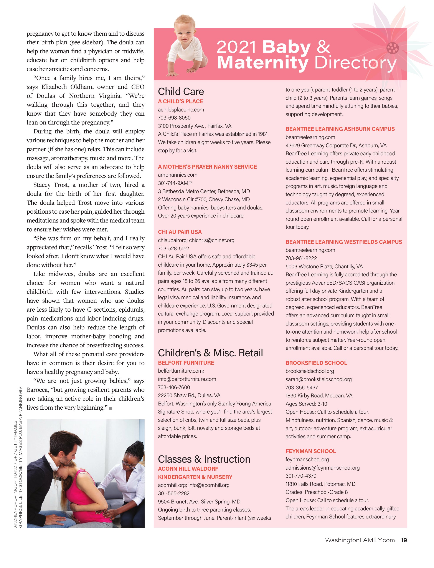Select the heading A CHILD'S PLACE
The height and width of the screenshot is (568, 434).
[180, 101]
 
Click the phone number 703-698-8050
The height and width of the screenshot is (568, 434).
[174, 118]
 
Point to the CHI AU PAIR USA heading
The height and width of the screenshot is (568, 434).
[180, 232]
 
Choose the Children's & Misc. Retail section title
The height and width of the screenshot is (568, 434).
[210, 353]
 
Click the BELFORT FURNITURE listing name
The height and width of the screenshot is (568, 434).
[186, 363]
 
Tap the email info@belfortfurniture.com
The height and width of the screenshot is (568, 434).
[187, 379]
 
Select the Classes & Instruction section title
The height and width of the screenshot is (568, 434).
[204, 459]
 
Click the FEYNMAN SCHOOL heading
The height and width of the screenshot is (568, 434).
[311, 451]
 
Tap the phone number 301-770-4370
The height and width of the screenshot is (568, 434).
[301, 476]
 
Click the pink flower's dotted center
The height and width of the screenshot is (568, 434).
[393, 48]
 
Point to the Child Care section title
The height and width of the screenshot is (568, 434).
[181, 91]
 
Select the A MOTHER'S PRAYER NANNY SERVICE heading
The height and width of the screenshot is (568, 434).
[207, 167]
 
